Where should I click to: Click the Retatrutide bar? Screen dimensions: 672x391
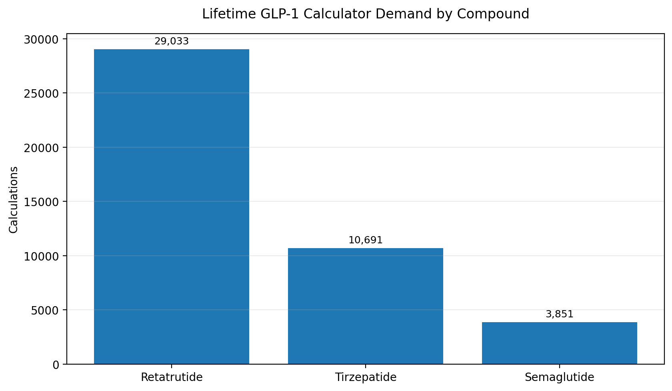coord(172,207)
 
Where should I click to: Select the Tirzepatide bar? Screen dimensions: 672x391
coord(366,306)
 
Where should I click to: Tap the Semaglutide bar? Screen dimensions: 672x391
coord(560,343)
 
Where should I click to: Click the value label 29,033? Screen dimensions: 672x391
coord(172,41)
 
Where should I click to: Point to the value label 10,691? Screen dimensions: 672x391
coord(366,240)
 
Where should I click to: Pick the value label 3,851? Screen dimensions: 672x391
coord(560,314)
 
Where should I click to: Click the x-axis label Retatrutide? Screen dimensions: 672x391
coord(172,377)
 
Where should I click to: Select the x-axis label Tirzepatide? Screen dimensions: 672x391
coord(366,377)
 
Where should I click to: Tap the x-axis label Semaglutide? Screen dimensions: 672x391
coord(560,377)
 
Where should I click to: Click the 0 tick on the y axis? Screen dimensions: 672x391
coord(56,365)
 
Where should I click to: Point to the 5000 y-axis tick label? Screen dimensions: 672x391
coord(45,311)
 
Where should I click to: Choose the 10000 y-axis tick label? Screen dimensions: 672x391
coord(42,256)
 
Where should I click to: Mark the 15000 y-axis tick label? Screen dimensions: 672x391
coord(42,202)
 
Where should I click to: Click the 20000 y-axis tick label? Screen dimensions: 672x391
coord(42,148)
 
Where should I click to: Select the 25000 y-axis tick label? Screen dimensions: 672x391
coord(42,94)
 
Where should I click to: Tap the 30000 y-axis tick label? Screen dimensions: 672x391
coord(42,40)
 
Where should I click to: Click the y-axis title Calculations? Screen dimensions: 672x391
coord(14,200)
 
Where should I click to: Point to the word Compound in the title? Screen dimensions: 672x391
coord(493,14)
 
